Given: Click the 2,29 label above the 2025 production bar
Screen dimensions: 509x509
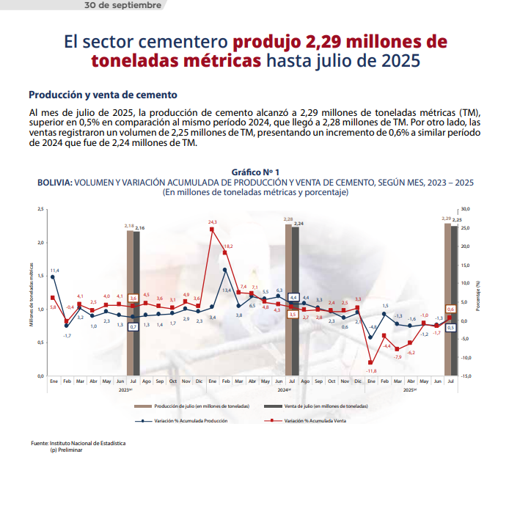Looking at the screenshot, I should [446, 219].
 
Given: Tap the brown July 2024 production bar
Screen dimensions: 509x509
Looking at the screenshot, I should [288, 301].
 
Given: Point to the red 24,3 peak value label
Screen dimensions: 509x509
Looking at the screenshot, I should [213, 221].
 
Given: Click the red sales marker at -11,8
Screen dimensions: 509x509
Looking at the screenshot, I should [371, 362].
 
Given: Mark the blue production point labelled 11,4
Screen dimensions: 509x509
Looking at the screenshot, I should [53, 277].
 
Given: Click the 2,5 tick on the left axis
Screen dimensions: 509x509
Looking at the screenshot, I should [40, 209].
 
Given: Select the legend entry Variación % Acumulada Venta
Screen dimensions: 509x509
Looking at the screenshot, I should [315, 421].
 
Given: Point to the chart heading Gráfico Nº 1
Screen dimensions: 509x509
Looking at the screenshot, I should [254, 171].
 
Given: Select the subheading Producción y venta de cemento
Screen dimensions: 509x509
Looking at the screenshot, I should [103, 95].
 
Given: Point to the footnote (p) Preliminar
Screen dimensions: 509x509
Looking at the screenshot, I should [66, 450].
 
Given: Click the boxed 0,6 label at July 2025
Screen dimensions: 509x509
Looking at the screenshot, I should [451, 310].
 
